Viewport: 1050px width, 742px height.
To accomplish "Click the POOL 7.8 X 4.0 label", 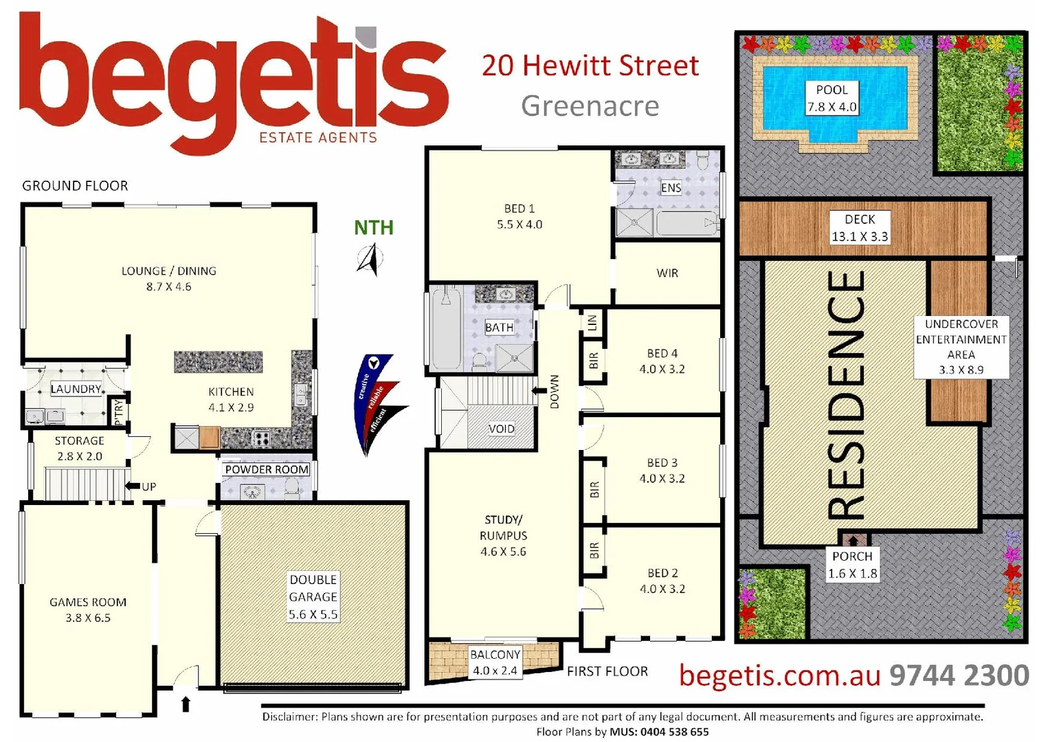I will [831, 98].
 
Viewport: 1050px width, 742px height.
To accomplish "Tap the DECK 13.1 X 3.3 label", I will [859, 227].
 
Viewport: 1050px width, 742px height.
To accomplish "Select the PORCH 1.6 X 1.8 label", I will [852, 565].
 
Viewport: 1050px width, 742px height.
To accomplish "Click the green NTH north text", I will [374, 227].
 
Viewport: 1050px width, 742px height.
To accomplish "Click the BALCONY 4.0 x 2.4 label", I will [495, 662].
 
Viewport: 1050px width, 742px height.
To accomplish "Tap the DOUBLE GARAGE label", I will [313, 596].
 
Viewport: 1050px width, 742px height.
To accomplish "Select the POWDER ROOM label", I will [267, 469].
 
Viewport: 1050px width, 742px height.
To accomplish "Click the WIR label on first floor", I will [667, 273].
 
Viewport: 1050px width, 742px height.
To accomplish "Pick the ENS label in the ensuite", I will [671, 188].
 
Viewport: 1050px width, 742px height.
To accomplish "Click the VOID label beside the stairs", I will [501, 429].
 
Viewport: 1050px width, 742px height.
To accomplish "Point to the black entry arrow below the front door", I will [185, 704].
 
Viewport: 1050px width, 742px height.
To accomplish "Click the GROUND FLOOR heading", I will [75, 185].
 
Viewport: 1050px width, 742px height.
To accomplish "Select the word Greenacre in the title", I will [590, 106].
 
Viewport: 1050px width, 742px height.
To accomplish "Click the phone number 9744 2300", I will [959, 675].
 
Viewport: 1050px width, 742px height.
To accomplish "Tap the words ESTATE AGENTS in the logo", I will [317, 137].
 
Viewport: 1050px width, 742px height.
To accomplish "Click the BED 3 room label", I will [662, 471].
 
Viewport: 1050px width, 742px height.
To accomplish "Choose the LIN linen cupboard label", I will [592, 322].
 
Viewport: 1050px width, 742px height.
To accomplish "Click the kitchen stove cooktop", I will [261, 438].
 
